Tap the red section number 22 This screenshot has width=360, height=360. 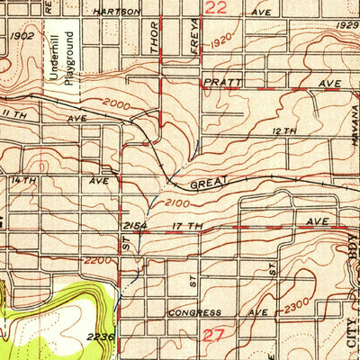214,8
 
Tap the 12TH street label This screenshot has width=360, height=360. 283,131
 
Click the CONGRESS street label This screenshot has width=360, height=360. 194,313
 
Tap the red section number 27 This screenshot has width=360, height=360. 213,335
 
